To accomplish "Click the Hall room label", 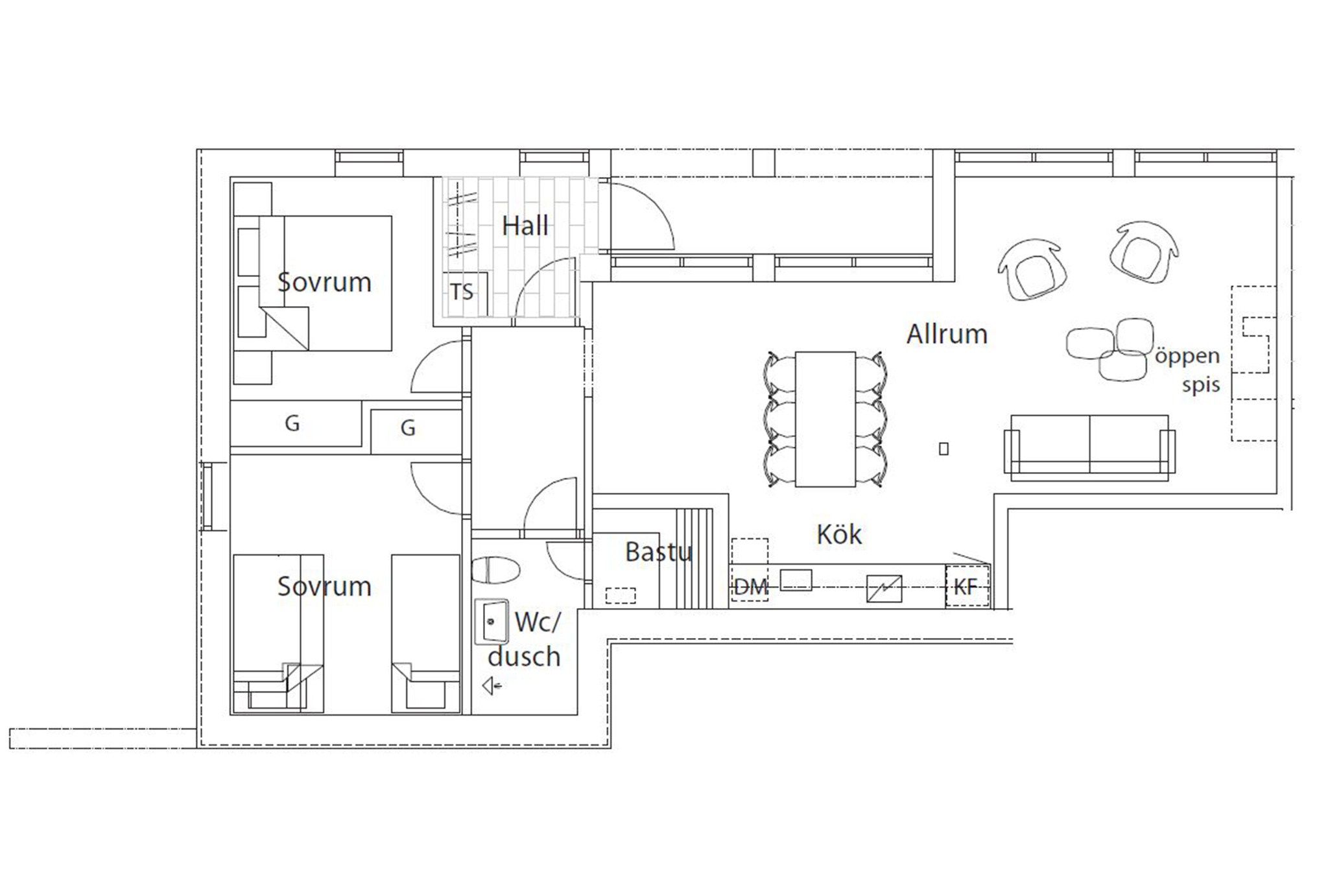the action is [525, 226].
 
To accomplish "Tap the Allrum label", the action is [947, 334].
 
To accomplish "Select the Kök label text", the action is [839, 534].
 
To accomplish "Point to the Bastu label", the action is [659, 552].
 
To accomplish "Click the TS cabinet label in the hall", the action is [462, 292].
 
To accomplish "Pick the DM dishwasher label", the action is [751, 587].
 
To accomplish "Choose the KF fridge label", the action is [965, 587].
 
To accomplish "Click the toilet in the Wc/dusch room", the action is [495, 570].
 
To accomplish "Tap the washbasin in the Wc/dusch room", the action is [491, 622].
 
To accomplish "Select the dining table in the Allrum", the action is [825, 419].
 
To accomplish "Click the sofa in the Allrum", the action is [1089, 448].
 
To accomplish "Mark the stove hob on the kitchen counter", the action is [884, 589].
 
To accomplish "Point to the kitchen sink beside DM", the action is [796, 580].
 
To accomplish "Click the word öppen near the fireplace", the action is [1187, 357].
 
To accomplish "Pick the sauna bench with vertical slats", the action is [694, 558].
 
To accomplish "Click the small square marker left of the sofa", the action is [943, 449].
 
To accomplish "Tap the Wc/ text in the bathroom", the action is [537, 622].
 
